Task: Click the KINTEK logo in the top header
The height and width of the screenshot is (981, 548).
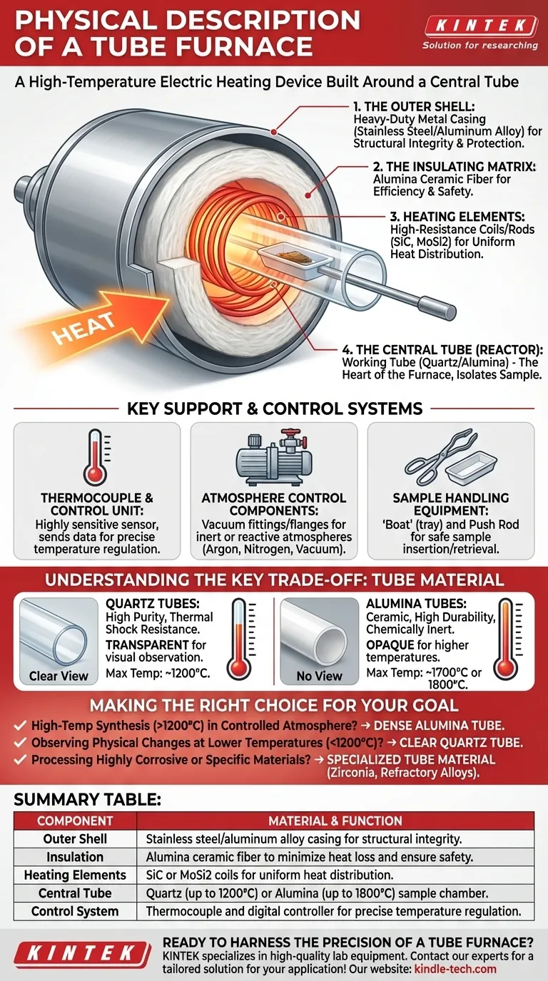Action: pos(481,26)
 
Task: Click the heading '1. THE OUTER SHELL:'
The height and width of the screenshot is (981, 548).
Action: pos(414,106)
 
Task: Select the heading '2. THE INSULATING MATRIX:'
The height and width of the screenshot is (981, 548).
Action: pos(455,166)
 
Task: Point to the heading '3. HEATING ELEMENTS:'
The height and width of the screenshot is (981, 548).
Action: pos(457,216)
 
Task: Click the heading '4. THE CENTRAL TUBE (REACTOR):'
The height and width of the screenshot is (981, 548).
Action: pos(442,349)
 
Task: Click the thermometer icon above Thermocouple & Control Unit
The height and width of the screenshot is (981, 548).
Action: pos(96,457)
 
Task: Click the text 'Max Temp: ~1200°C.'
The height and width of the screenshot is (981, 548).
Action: pos(158,673)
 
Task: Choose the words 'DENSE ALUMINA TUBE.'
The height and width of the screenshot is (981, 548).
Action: pos(439,726)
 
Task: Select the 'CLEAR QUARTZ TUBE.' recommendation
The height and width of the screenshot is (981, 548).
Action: pos(461,743)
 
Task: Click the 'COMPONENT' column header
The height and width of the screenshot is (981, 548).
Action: pos(75,821)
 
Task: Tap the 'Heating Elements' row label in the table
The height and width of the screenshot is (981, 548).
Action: pos(75,875)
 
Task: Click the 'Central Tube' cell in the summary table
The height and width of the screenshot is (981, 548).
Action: pos(75,893)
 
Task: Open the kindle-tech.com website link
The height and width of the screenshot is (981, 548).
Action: pos(455,969)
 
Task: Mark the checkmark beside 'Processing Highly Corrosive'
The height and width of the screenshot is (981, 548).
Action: pos(20,759)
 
